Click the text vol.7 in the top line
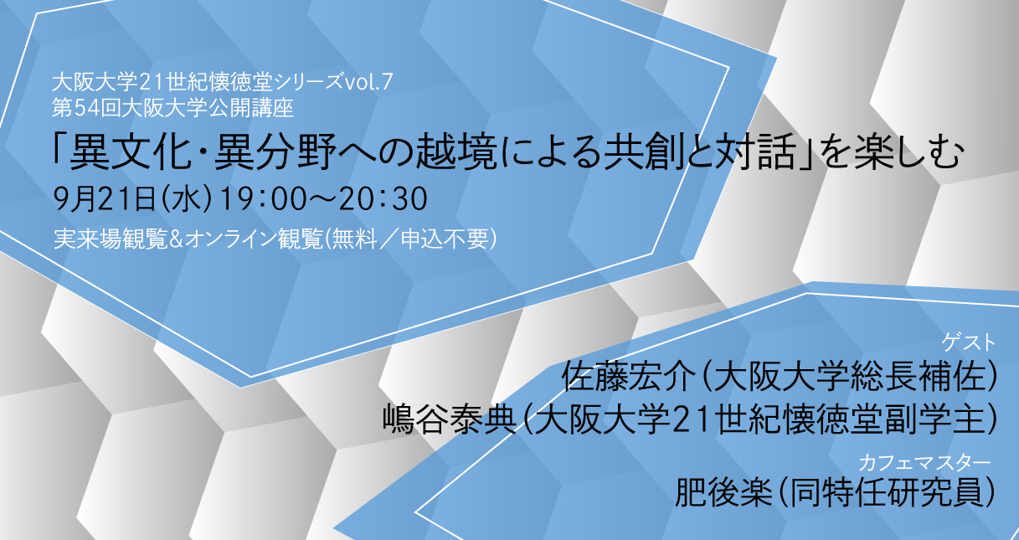tap(368, 82)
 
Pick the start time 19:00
tap(262, 199)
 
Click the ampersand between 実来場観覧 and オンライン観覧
tap(177, 239)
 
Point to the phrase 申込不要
tap(445, 239)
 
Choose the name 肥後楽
tap(724, 492)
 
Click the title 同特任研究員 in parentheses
tap(885, 492)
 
